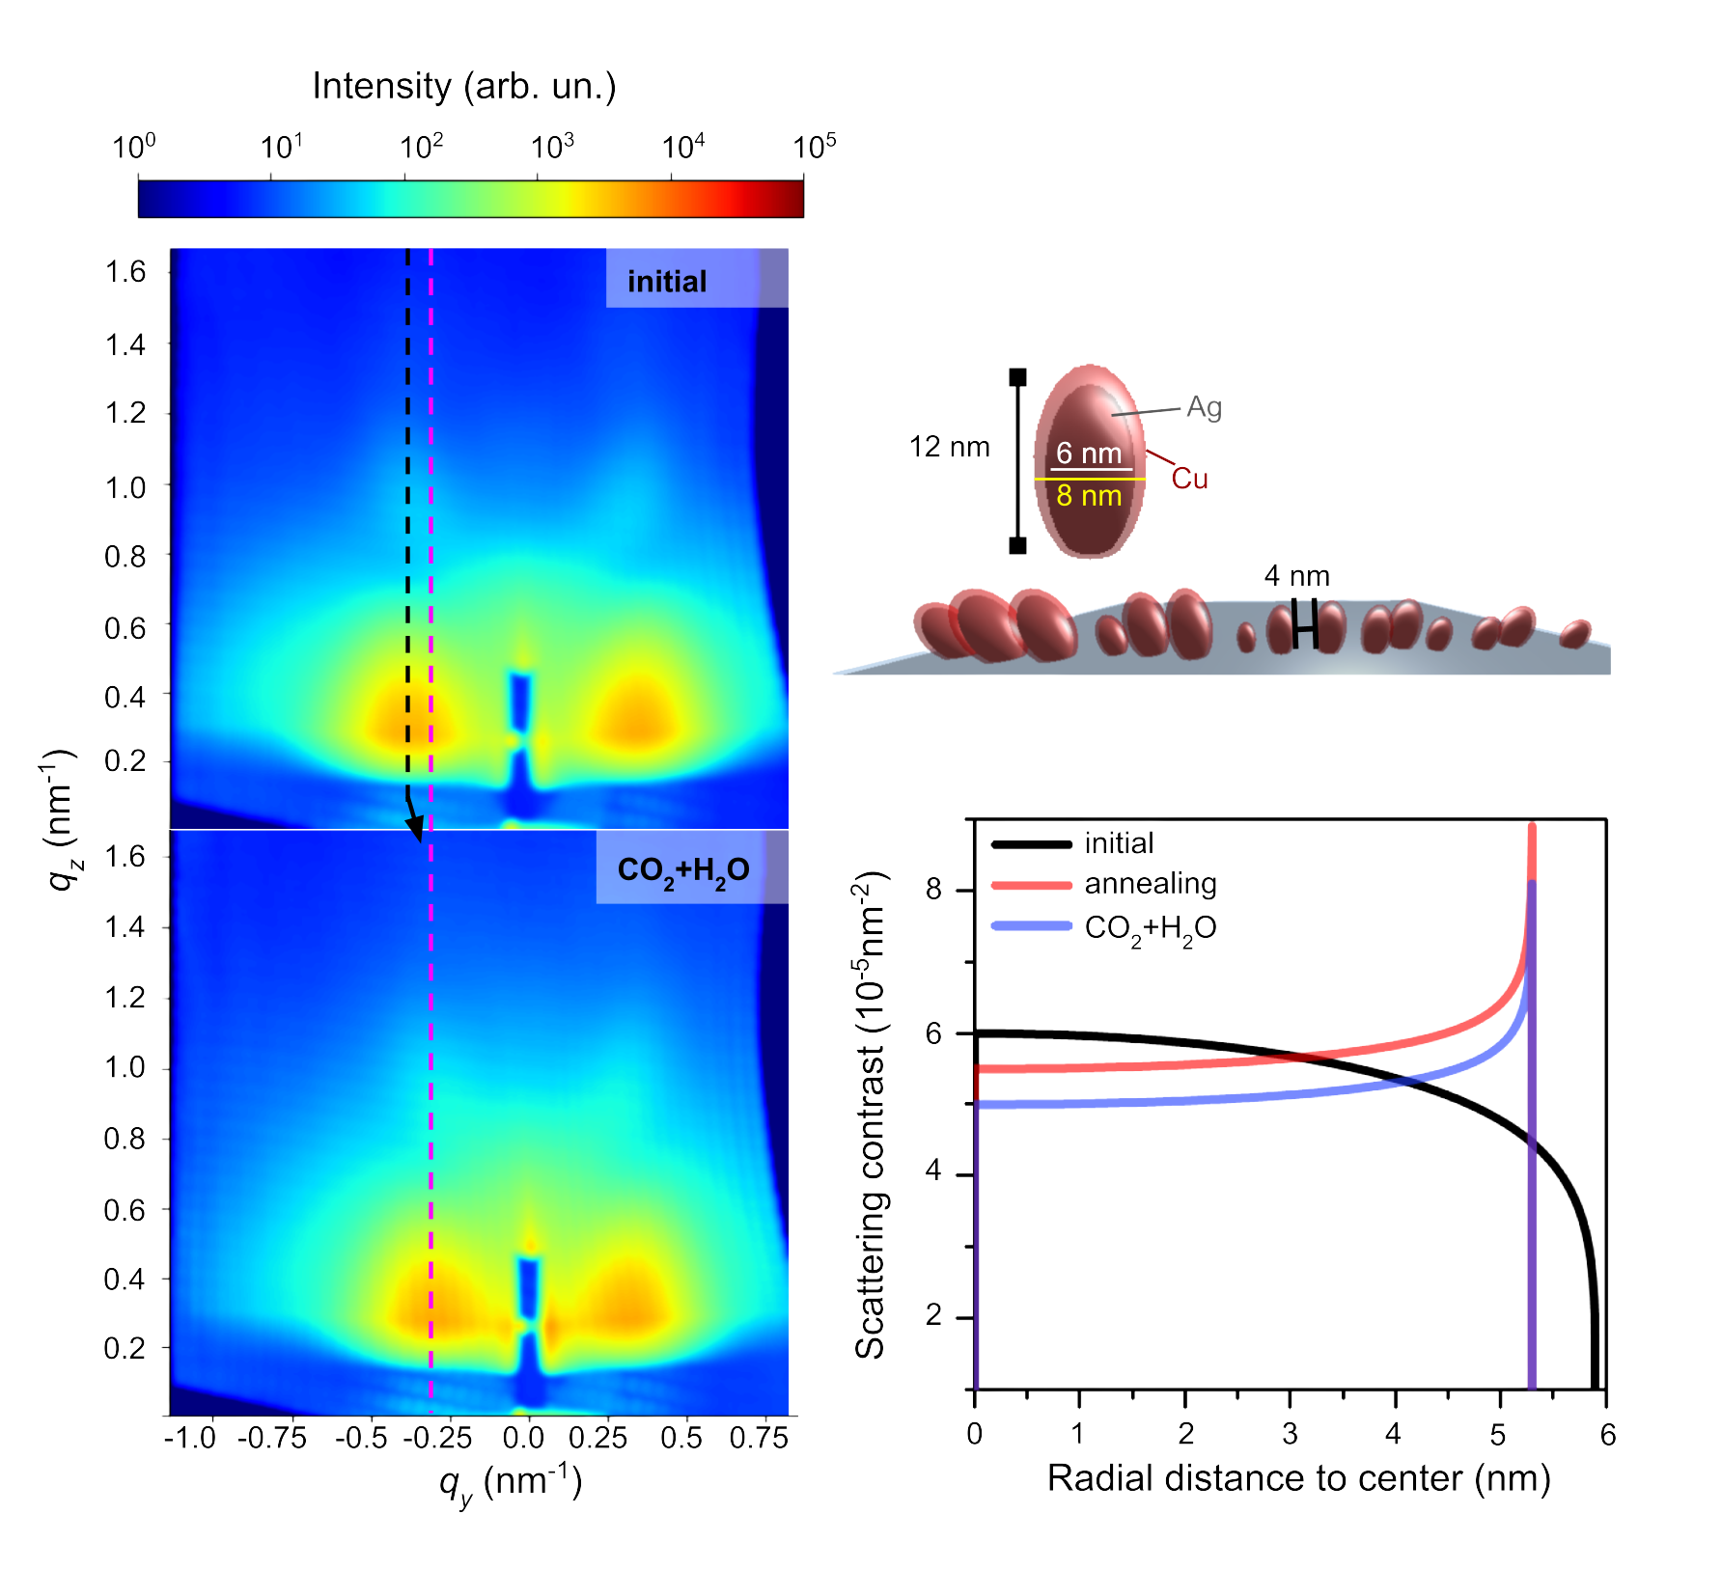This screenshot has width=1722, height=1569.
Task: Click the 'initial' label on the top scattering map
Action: [667, 282]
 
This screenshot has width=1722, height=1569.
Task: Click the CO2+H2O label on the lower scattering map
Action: [683, 870]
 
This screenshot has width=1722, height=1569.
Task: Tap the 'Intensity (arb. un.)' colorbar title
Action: [464, 87]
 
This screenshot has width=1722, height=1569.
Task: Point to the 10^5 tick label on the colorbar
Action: [814, 147]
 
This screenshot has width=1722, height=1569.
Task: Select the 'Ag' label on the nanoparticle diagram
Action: [1204, 407]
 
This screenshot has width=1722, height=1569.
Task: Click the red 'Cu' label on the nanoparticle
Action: [1189, 479]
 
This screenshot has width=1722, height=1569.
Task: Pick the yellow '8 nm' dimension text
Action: [1089, 496]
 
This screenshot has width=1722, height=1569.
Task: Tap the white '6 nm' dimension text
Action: [1089, 453]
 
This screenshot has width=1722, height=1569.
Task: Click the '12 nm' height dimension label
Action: [950, 447]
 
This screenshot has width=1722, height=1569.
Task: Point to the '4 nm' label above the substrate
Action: [1297, 576]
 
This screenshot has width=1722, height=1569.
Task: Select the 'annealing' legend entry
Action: [1151, 884]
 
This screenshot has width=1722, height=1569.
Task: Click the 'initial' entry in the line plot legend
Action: [1119, 843]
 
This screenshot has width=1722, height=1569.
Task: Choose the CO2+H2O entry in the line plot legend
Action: [1151, 928]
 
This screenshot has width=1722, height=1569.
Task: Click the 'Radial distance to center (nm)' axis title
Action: [1299, 1478]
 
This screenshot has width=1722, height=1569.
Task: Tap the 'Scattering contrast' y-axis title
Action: [871, 1115]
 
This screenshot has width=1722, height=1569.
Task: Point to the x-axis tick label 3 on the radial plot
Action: [1291, 1434]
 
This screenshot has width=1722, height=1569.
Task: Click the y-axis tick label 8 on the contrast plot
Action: [933, 888]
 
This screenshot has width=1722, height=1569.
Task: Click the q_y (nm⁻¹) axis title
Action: [511, 1482]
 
